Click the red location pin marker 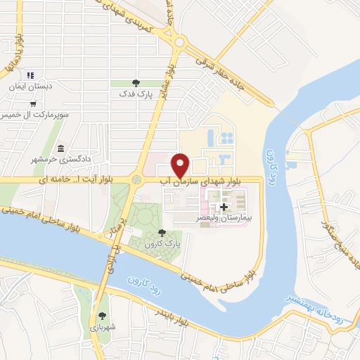click(x=181, y=165)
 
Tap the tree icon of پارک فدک click(x=136, y=83)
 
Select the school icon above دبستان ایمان click(x=30, y=75)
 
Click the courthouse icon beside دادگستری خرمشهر click(x=62, y=149)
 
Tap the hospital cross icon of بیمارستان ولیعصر click(x=224, y=207)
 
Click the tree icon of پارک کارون click(x=162, y=233)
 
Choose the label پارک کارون click(x=158, y=243)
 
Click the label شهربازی click(x=104, y=326)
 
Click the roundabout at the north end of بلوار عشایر click(x=180, y=43)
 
